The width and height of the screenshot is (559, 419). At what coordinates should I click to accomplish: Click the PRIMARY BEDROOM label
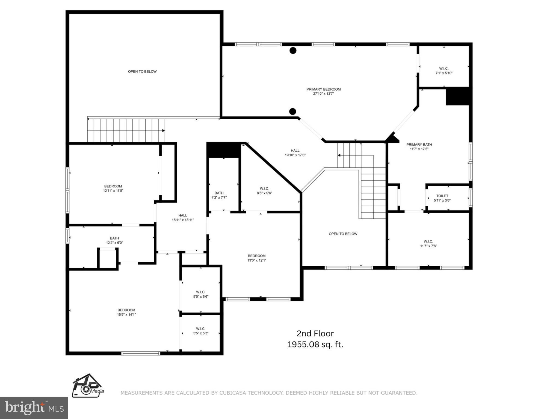(x=323, y=89)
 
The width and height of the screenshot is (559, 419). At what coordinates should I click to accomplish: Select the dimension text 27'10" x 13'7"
(x=323, y=94)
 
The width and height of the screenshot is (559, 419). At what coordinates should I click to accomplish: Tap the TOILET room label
(x=442, y=196)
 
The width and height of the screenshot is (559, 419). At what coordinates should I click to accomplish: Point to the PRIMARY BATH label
(x=419, y=145)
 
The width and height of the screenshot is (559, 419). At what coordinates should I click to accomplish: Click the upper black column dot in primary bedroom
(x=293, y=50)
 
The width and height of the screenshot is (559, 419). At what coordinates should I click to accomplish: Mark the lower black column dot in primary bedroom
(x=292, y=111)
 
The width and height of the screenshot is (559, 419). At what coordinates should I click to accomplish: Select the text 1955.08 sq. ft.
(x=315, y=345)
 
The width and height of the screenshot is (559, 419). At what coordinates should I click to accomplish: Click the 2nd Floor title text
(x=315, y=333)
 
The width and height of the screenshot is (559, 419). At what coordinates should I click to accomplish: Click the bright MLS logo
(x=34, y=408)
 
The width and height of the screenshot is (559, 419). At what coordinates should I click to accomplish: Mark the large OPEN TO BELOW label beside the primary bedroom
(x=142, y=71)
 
